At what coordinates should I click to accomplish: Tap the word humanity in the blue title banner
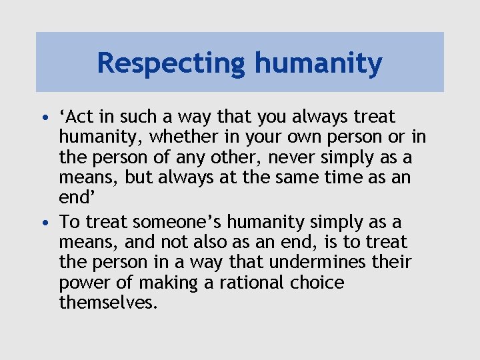[318, 64]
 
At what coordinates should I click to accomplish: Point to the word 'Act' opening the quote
[77, 117]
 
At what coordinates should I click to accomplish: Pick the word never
[308, 158]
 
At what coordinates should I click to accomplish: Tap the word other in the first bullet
[256, 158]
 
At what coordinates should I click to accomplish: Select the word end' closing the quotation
[75, 199]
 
